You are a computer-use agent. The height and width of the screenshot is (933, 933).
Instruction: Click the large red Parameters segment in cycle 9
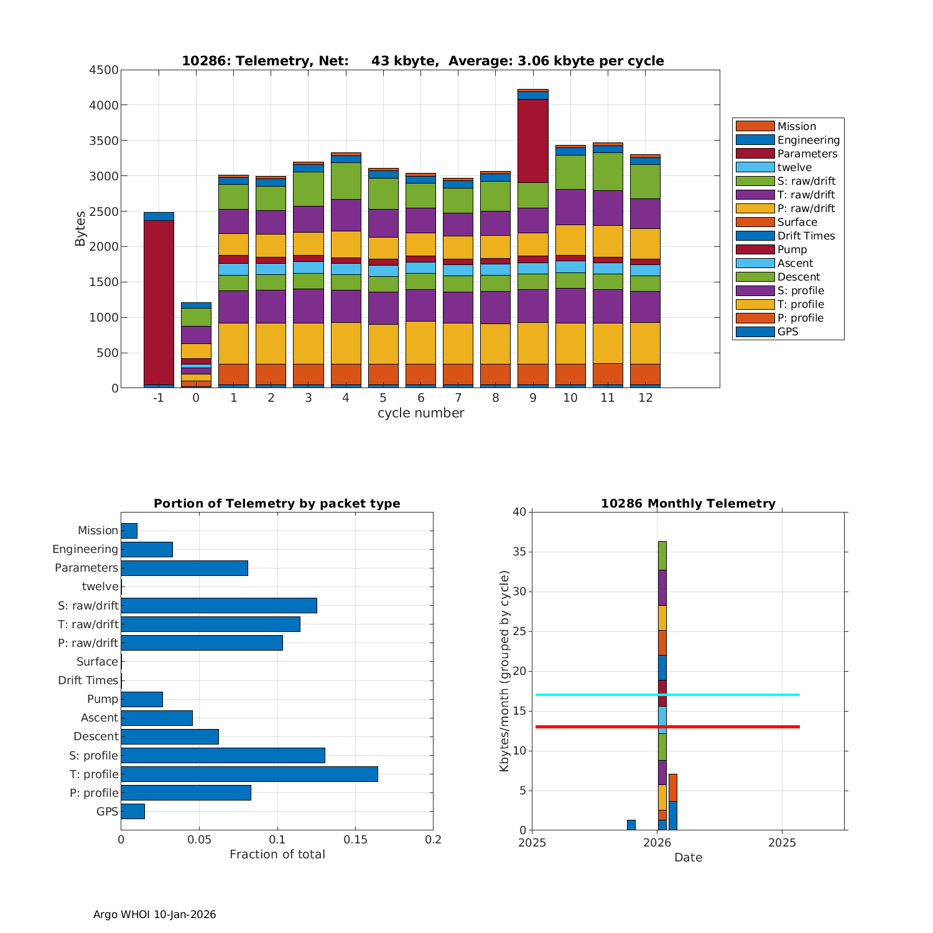(x=532, y=141)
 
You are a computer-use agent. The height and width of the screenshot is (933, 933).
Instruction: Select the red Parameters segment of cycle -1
(x=159, y=302)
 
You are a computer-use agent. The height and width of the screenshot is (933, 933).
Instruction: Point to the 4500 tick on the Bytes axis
(x=104, y=70)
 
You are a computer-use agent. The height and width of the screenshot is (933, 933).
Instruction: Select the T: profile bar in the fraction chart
(x=249, y=774)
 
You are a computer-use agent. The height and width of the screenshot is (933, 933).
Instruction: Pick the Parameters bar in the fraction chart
(x=184, y=568)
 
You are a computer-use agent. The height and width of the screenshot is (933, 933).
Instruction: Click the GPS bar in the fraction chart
(x=132, y=811)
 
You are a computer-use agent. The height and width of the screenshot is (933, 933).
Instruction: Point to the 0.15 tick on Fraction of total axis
(x=355, y=840)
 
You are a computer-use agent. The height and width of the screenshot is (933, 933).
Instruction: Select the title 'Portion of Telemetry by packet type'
(x=277, y=503)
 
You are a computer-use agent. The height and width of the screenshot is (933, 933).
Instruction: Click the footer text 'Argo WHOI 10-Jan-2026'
(x=154, y=914)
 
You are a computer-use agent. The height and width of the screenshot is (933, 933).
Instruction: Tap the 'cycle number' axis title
(x=420, y=413)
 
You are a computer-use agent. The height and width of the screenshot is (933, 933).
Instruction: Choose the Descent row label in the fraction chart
(x=96, y=736)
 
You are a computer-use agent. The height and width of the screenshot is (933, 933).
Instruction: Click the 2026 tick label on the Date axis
(x=657, y=843)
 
